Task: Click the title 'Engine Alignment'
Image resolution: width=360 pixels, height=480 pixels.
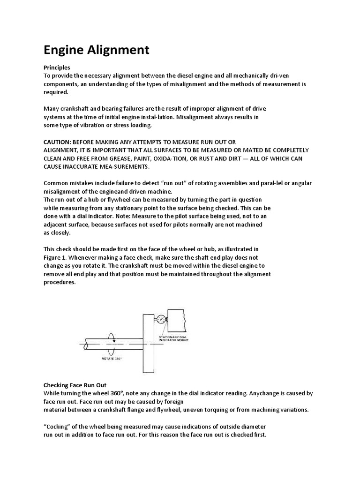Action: point(97,50)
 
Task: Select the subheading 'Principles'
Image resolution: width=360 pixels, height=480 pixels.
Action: point(57,68)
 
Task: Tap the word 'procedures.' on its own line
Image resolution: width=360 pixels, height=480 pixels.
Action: point(59,282)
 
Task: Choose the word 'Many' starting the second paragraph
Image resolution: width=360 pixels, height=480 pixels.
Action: point(52,108)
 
